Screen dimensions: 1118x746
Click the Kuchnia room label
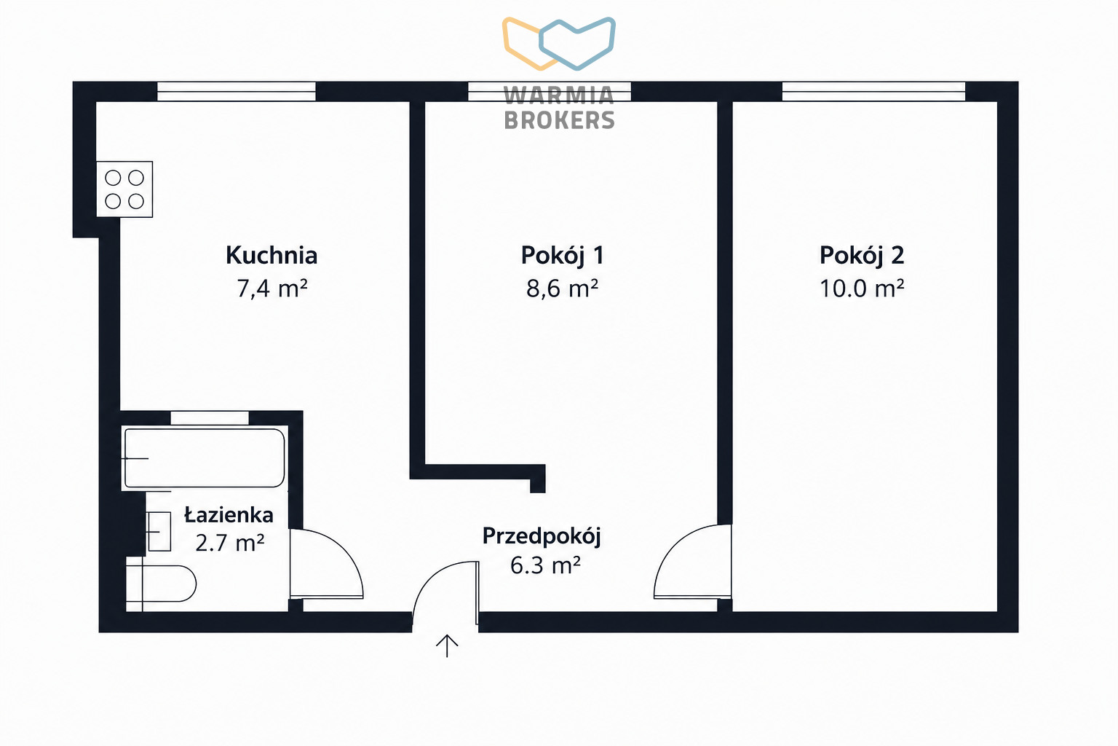point(271,255)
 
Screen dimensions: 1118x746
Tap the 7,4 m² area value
point(272,288)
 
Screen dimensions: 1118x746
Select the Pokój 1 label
point(563,256)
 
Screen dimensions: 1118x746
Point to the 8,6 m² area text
point(562,288)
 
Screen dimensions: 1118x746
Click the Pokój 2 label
point(862,256)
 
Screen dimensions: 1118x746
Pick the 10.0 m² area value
point(862,288)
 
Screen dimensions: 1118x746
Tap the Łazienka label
point(229,514)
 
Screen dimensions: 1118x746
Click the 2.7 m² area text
point(229,543)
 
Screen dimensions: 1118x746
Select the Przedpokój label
point(542,536)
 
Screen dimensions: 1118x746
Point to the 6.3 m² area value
point(545,565)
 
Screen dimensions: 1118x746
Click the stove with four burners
point(124,189)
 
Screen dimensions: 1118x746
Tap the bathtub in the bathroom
point(204,458)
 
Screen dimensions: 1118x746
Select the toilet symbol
point(161,584)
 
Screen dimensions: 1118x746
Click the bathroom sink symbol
point(159,532)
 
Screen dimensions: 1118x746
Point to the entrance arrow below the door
point(447,646)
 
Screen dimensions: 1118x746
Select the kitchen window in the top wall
point(237,92)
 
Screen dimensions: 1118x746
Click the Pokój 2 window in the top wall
point(873,92)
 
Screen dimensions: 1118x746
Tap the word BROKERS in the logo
point(560,120)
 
